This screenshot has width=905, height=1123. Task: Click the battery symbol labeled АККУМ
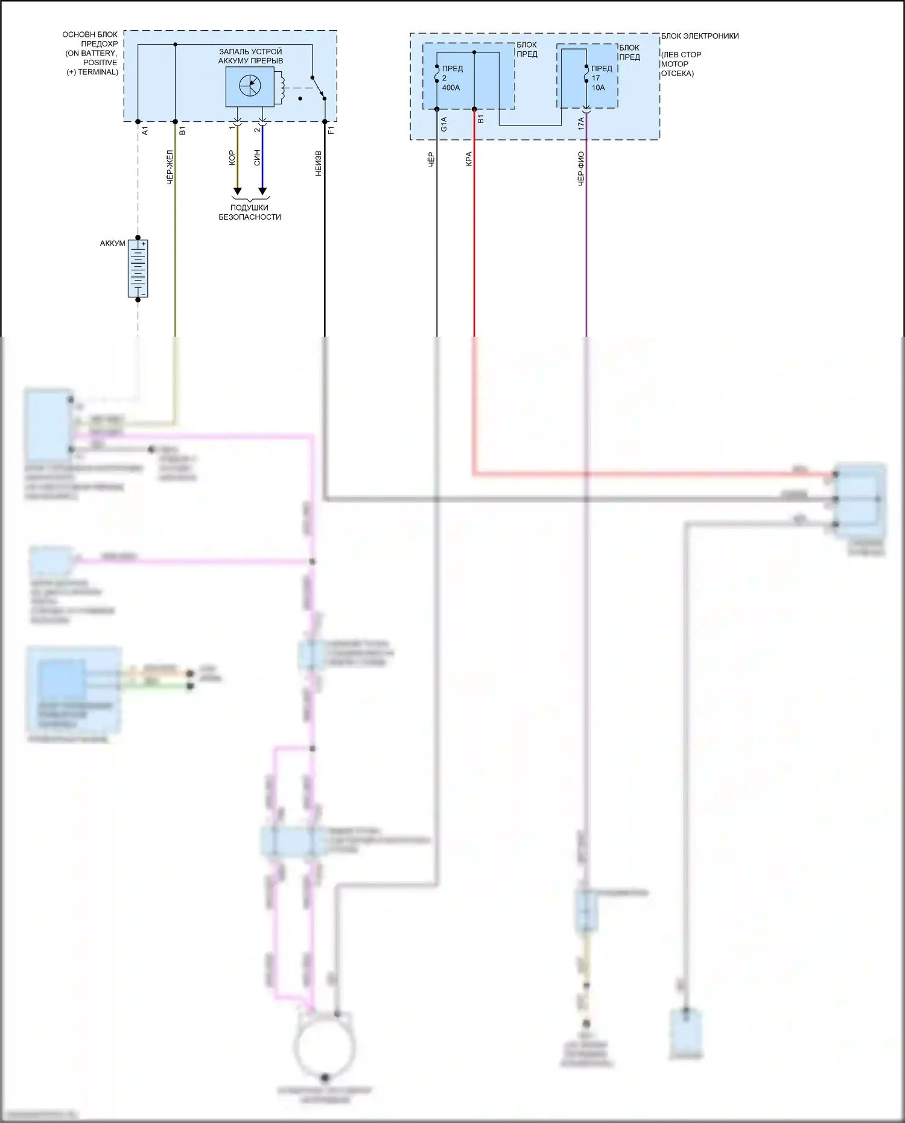click(x=138, y=269)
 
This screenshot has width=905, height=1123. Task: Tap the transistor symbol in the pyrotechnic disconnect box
click(x=250, y=86)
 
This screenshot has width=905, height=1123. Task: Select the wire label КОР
click(x=232, y=158)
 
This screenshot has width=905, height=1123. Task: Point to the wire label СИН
click(x=257, y=158)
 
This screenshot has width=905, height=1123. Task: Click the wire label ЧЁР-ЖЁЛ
click(x=170, y=167)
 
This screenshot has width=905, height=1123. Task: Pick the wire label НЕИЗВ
click(x=319, y=164)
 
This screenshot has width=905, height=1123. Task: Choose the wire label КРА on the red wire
click(x=468, y=159)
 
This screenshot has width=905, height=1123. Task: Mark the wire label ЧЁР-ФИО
click(x=580, y=168)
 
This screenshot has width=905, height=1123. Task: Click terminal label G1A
click(x=444, y=124)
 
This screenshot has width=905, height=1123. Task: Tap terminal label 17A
click(x=580, y=124)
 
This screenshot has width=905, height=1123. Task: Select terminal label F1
click(x=331, y=130)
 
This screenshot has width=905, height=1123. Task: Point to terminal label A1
click(x=145, y=130)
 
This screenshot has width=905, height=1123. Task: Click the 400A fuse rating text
click(x=451, y=87)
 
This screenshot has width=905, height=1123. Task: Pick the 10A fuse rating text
click(x=598, y=87)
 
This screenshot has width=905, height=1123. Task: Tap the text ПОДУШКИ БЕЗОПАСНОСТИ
click(x=250, y=212)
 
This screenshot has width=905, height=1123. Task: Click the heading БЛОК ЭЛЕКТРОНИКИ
click(x=700, y=36)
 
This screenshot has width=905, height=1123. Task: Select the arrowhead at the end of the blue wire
click(x=262, y=191)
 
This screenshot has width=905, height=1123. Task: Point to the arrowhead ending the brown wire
click(x=237, y=191)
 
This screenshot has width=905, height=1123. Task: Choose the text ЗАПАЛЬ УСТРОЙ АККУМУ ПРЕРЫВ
click(x=250, y=56)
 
